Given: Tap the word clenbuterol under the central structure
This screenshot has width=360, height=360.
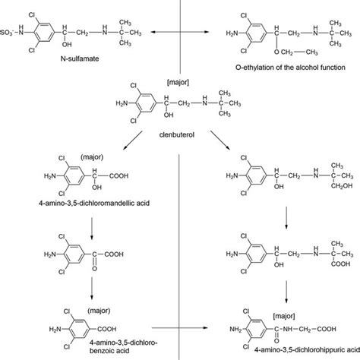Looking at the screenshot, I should coord(175,131).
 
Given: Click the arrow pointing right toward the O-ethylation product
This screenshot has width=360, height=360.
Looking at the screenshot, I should coord(205,33).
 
